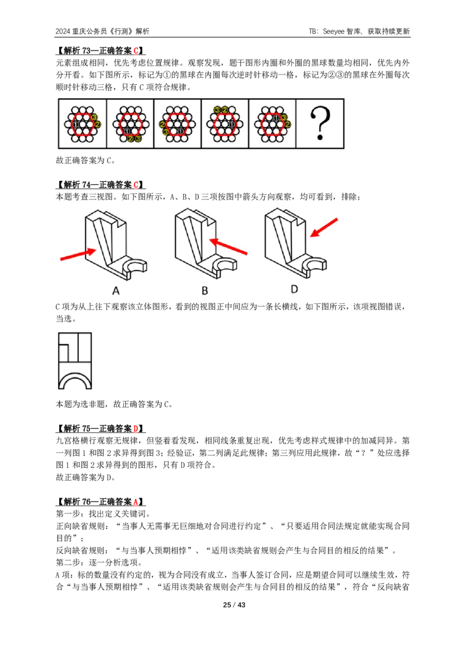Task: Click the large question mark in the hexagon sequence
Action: [320, 123]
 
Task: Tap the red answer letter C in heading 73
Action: [136, 51]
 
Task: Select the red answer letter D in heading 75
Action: [136, 428]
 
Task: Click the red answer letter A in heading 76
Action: [136, 502]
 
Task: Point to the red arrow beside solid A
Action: [78, 254]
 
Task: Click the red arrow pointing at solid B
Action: [228, 246]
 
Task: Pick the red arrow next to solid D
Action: [324, 228]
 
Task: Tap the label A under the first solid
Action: [116, 291]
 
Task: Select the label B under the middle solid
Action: [205, 291]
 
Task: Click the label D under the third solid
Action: [294, 289]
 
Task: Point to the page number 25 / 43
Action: [234, 605]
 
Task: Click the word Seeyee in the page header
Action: [334, 31]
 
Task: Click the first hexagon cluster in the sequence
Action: [83, 124]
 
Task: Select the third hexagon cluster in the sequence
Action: [177, 124]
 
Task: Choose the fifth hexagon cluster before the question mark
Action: [273, 124]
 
